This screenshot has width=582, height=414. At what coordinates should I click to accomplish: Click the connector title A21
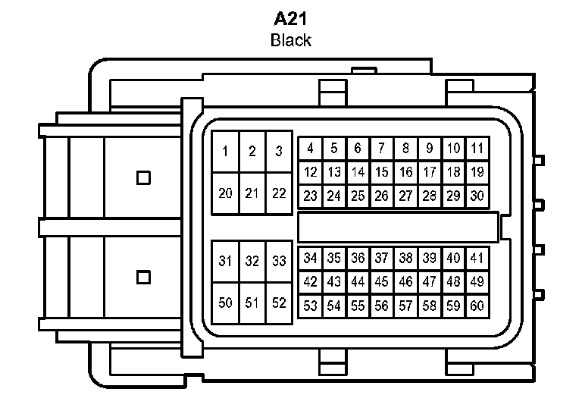[x=290, y=19]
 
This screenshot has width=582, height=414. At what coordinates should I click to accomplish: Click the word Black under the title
[x=291, y=40]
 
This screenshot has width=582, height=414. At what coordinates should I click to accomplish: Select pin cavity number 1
[x=225, y=151]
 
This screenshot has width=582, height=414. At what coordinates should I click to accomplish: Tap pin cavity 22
[x=279, y=193]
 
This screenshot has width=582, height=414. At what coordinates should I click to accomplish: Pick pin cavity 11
[x=477, y=148]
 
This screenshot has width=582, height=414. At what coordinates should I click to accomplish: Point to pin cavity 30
[x=477, y=196]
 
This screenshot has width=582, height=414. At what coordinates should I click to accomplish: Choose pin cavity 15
[x=382, y=172]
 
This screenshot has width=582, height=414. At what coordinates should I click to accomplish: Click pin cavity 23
[x=310, y=196]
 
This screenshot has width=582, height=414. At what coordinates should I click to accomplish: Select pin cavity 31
[x=225, y=261]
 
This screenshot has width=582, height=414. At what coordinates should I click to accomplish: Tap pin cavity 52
[x=279, y=303]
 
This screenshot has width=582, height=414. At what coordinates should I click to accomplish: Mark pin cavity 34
[x=310, y=258]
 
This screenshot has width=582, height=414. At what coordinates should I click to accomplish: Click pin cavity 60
[x=477, y=306]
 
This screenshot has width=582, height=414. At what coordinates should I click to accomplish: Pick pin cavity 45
[x=382, y=282]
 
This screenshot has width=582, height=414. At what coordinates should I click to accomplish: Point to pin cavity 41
[x=477, y=258]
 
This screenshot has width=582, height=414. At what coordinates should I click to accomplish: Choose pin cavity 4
[x=310, y=148]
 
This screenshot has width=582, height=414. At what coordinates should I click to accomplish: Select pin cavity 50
[x=225, y=303]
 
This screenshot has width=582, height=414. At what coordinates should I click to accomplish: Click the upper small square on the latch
[x=144, y=178]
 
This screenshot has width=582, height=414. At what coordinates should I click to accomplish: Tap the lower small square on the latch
[x=144, y=278]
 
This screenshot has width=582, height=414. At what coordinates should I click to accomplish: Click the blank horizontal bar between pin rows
[x=399, y=227]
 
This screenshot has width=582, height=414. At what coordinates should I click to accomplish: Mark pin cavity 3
[x=279, y=151]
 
